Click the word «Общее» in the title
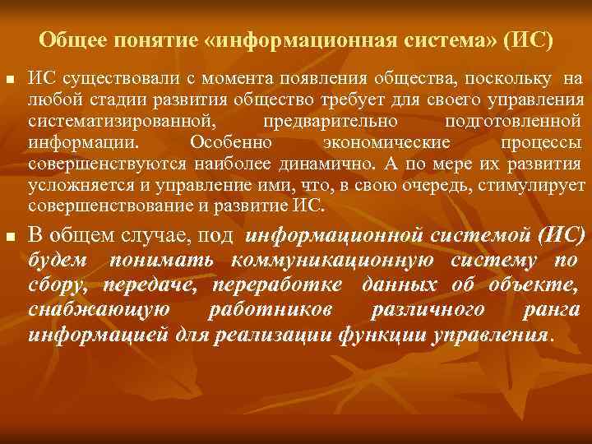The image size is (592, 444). point(68,40)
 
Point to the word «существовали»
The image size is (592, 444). point(100,80)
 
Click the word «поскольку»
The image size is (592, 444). point(510,80)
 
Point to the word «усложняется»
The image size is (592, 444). point(72,184)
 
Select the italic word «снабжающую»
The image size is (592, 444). point(99,311)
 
